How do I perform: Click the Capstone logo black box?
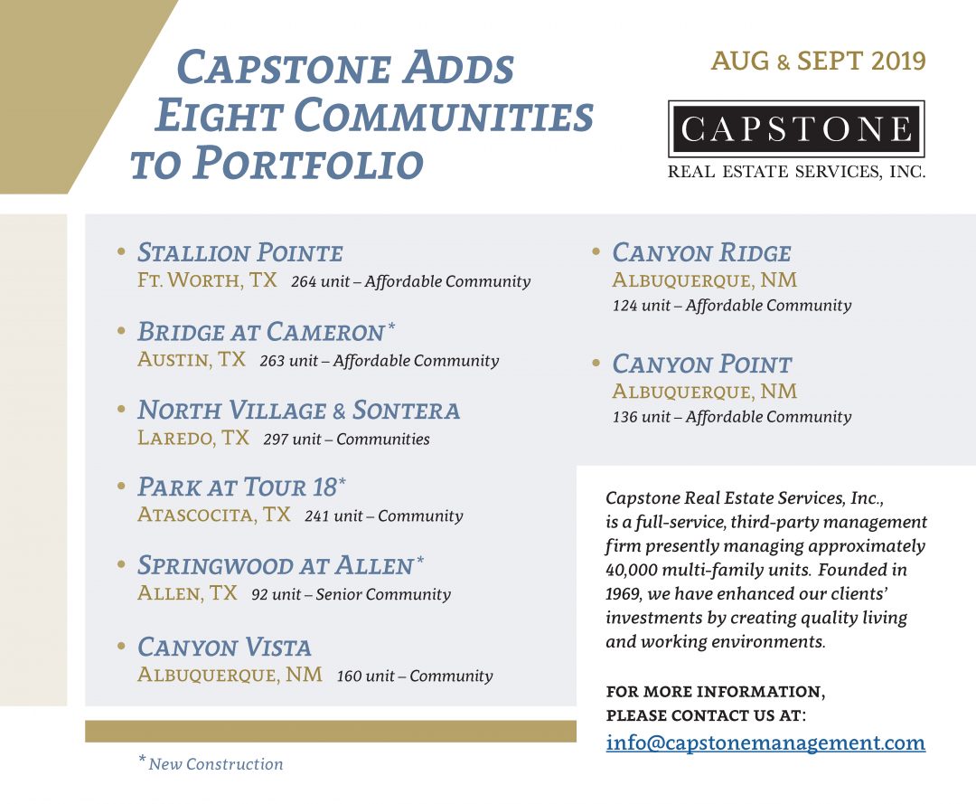click(796, 129)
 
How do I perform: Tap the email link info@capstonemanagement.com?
click(765, 743)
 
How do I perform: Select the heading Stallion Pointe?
click(240, 252)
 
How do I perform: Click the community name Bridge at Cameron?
click(261, 331)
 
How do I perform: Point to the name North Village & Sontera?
click(298, 411)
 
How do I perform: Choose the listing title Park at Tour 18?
click(238, 487)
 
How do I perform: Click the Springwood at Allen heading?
click(276, 566)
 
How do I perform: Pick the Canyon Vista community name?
click(224, 648)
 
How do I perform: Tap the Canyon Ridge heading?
click(701, 252)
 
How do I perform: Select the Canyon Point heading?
click(701, 364)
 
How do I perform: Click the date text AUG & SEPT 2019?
click(818, 61)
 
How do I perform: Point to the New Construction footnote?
click(215, 764)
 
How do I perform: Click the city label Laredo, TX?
click(193, 439)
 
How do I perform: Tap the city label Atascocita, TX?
click(214, 516)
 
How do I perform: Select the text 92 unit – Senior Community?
click(351, 594)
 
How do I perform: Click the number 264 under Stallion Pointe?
click(304, 281)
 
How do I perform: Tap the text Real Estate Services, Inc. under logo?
click(796, 172)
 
